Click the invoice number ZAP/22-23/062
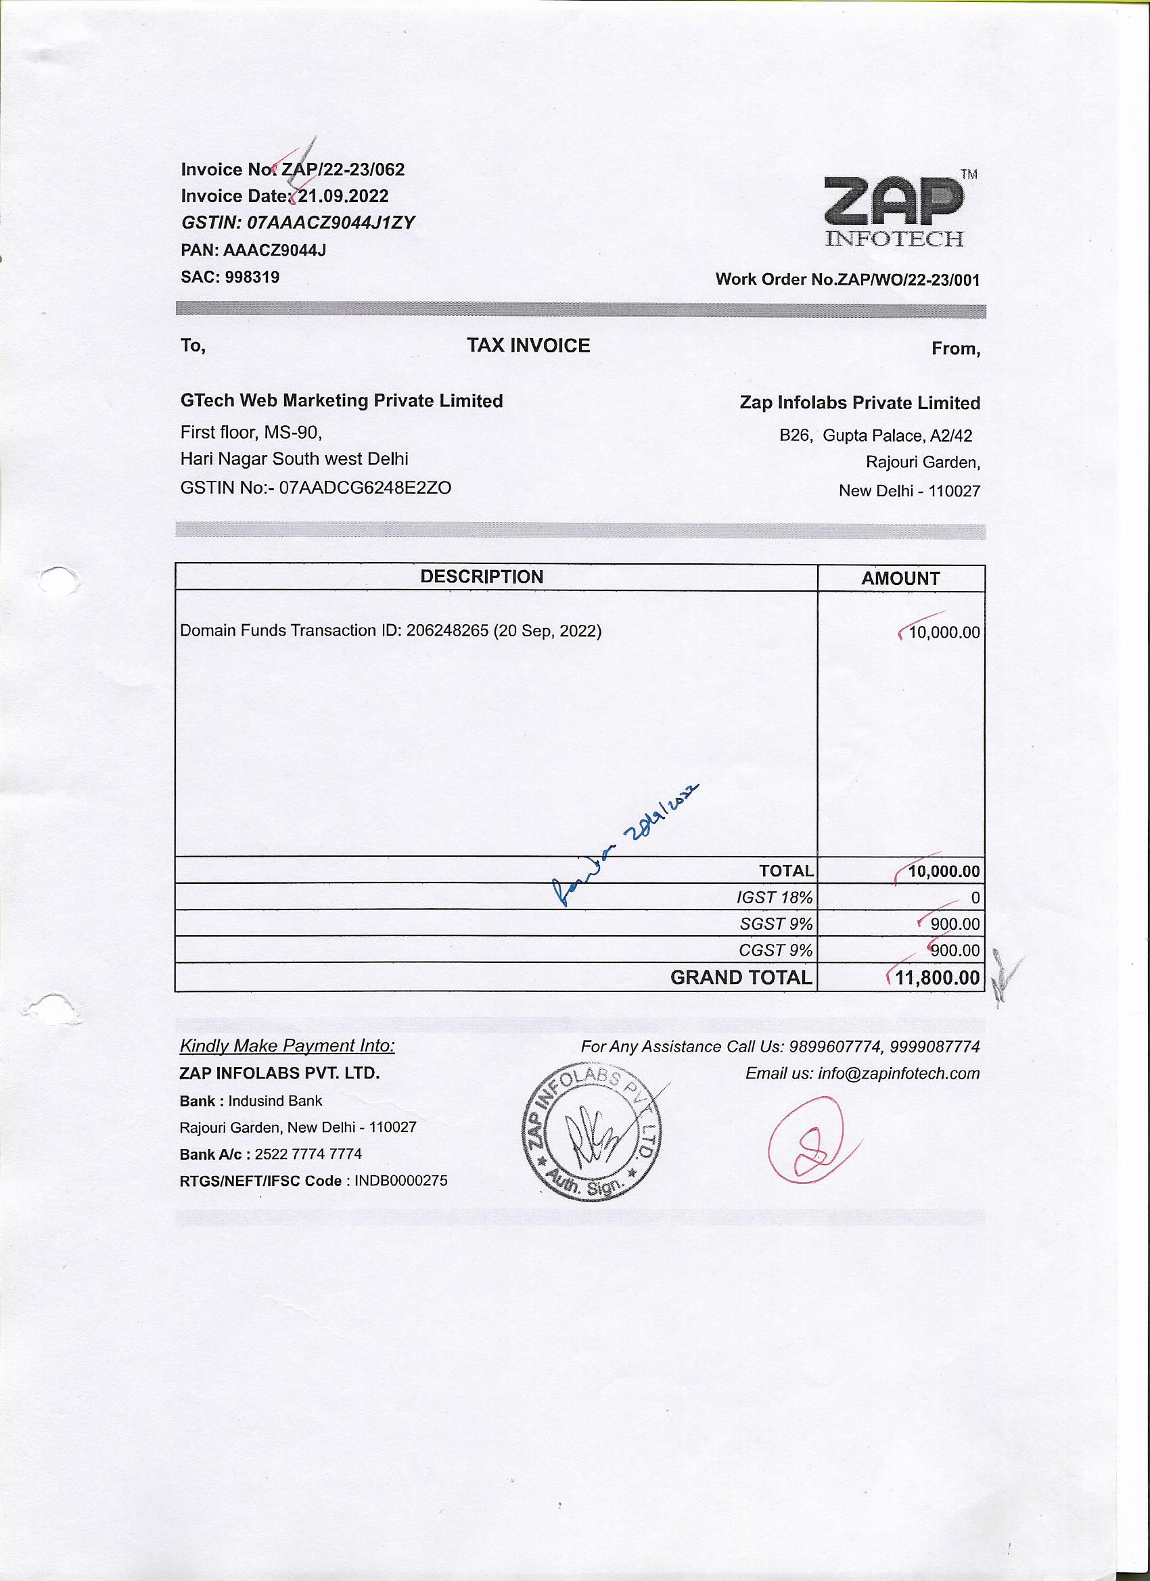tap(342, 169)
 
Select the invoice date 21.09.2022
tap(343, 196)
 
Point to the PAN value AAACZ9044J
tap(274, 250)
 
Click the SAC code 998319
tap(252, 277)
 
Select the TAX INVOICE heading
tap(528, 346)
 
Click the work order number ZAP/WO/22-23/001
tap(908, 280)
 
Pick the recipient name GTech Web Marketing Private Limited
tap(341, 401)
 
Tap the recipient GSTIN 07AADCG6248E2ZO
tap(365, 488)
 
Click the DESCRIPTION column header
tap(481, 577)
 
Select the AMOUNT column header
tap(900, 579)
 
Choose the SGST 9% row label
tap(775, 924)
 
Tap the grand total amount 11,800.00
tap(937, 977)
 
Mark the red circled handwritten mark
tap(808, 1140)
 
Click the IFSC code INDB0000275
tap(400, 1180)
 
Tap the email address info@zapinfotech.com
tap(898, 1074)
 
